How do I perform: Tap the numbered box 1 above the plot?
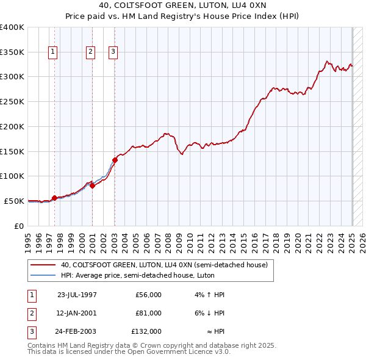tap(54, 52)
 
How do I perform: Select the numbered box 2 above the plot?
tap(90, 52)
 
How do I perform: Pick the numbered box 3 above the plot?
tap(113, 52)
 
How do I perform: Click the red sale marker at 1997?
tap(54, 198)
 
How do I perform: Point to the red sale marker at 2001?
tap(92, 185)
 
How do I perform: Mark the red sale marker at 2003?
tap(115, 160)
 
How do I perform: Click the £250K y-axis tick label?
tap(12, 102)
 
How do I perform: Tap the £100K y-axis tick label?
tap(12, 176)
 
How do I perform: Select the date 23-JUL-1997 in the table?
tap(77, 295)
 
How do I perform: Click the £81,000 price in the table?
tap(148, 313)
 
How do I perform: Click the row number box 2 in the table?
tap(30, 313)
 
